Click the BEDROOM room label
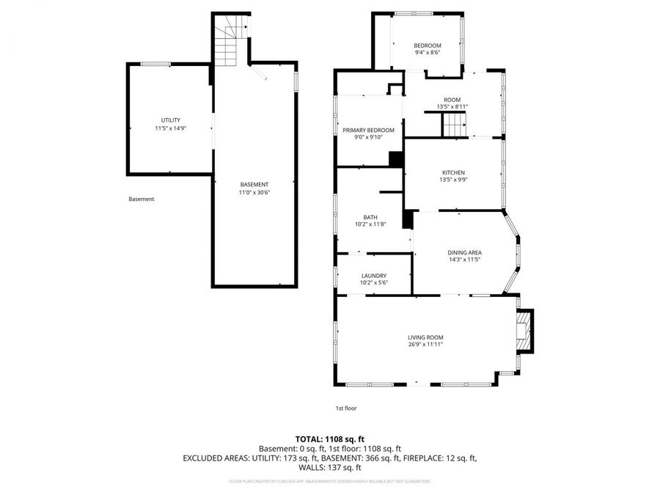click(427, 45)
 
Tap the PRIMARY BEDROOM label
click(368, 130)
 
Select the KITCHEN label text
click(452, 172)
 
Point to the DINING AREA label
click(464, 252)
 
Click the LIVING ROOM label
click(425, 337)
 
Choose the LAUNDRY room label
click(373, 276)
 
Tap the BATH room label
click(370, 217)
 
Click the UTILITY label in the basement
click(170, 120)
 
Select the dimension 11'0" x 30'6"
click(254, 192)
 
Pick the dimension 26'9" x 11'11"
click(425, 344)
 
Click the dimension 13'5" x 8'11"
click(452, 107)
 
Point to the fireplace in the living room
click(524, 333)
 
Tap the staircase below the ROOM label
click(453, 127)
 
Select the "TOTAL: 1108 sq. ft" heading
click(329, 439)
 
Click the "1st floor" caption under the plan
click(346, 408)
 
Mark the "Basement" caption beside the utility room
click(142, 199)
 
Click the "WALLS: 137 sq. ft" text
click(329, 467)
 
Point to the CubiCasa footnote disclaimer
click(329, 482)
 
